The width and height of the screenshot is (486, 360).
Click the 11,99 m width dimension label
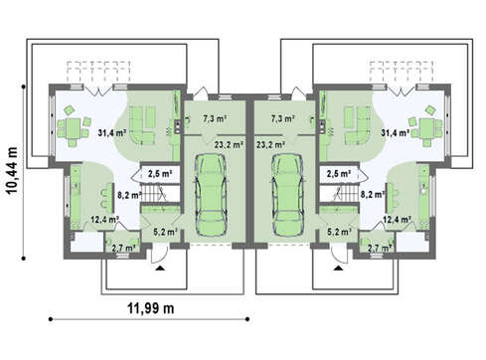click(151, 308)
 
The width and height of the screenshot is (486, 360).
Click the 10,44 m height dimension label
click(12, 170)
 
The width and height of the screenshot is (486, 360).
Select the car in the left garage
click(211, 195)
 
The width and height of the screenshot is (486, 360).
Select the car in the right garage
click(287, 195)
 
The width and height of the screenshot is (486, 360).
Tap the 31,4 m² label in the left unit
click(112, 133)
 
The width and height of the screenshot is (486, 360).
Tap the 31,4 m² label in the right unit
click(396, 133)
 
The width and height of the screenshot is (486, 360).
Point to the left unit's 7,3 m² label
click(215, 118)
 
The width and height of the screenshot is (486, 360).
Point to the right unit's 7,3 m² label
click(283, 118)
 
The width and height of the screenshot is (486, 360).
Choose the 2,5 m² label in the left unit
click(160, 173)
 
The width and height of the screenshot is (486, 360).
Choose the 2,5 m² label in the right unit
click(339, 173)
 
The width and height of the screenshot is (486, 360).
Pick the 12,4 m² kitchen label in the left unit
click(105, 219)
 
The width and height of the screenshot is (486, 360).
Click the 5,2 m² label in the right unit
click(339, 232)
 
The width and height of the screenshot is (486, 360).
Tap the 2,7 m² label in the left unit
click(123, 248)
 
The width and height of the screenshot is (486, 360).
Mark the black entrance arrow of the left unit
click(160, 269)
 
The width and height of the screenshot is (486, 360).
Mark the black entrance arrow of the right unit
click(338, 269)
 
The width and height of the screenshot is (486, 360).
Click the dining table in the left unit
click(73, 128)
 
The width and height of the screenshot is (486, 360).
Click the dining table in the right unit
click(427, 128)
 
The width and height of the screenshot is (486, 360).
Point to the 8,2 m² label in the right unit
click(373, 195)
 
